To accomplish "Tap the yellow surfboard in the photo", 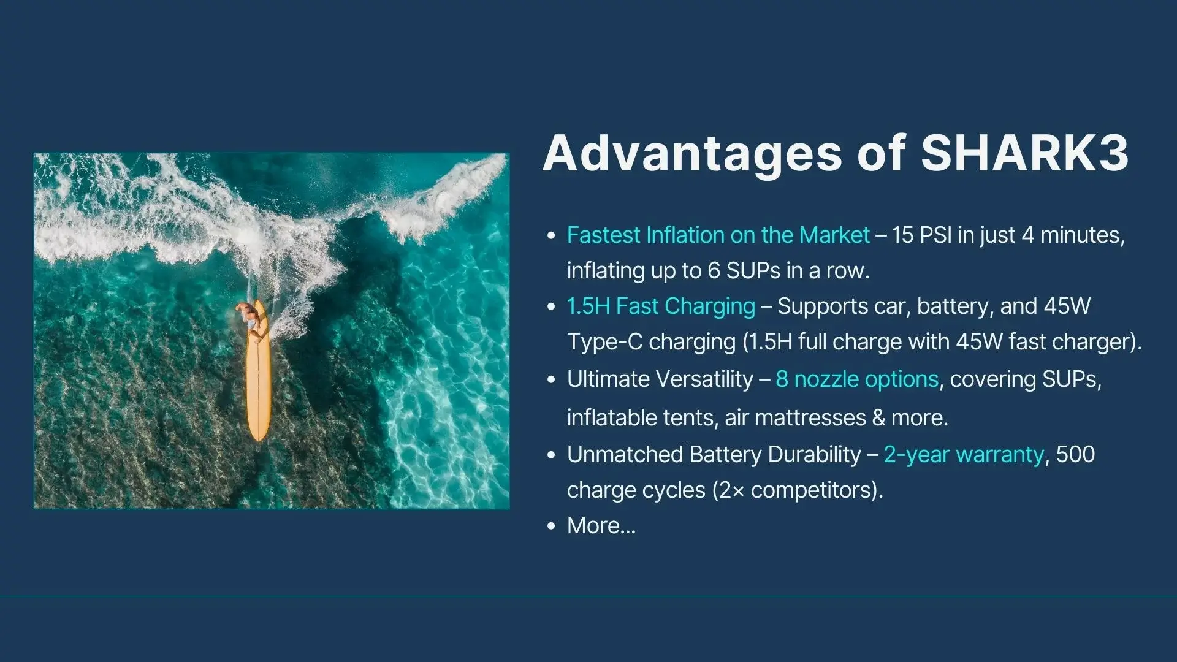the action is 258,371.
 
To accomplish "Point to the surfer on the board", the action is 249,316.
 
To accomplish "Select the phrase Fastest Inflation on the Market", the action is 718,235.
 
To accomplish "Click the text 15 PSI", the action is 921,235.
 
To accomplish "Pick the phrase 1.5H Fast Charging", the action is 661,306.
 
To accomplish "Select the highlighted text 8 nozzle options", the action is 857,379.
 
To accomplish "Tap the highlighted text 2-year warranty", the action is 964,455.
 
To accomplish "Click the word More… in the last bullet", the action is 601,526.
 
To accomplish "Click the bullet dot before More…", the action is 552,526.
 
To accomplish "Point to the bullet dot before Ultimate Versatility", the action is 552,380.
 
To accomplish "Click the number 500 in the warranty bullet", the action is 1075,455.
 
